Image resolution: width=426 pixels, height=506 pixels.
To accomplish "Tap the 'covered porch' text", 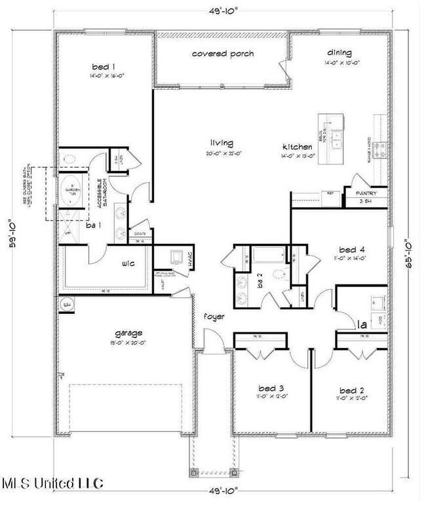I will click(x=222, y=54).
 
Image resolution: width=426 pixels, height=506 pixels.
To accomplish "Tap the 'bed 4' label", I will click(x=352, y=250).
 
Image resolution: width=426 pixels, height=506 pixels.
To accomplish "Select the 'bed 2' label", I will click(x=351, y=388).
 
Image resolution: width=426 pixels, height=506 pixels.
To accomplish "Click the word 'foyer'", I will click(x=214, y=317).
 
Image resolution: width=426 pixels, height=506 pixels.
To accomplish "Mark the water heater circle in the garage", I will click(x=66, y=304).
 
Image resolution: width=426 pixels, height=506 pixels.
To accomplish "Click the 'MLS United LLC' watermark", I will click(x=52, y=484).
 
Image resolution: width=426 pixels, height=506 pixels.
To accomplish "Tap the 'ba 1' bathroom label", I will click(x=93, y=226).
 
